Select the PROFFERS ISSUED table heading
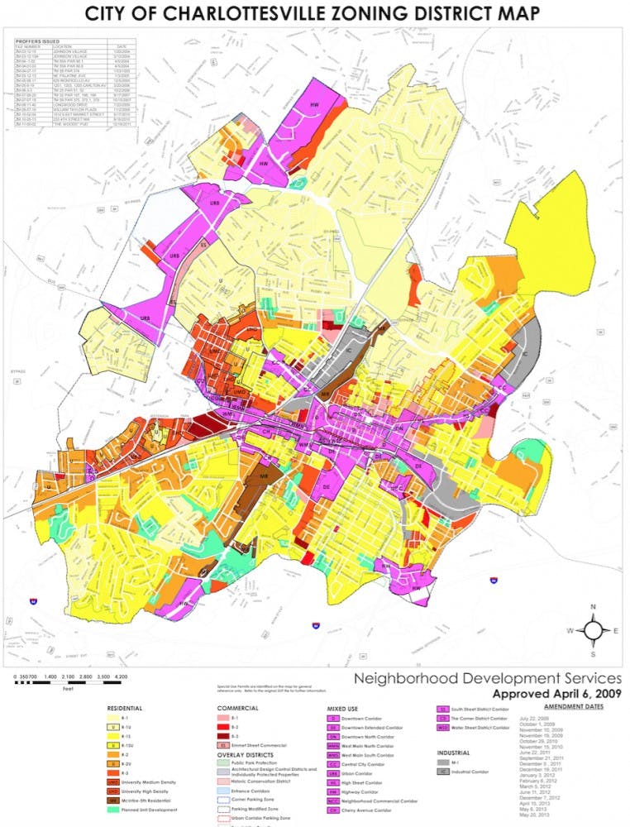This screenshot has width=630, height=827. [35, 38]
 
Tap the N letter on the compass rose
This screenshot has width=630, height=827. [593, 607]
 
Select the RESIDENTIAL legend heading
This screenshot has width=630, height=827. [126, 709]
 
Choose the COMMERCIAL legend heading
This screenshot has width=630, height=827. [238, 709]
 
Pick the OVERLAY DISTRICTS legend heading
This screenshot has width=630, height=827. [247, 755]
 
